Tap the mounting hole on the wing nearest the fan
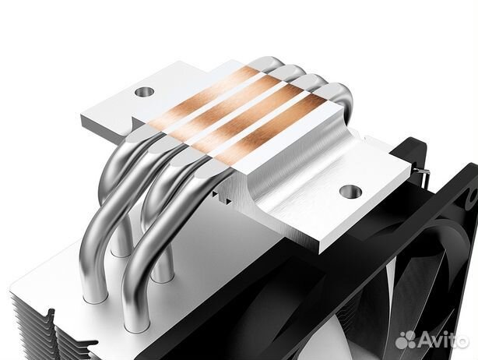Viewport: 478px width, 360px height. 350,189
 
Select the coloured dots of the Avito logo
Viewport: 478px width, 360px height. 406,340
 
